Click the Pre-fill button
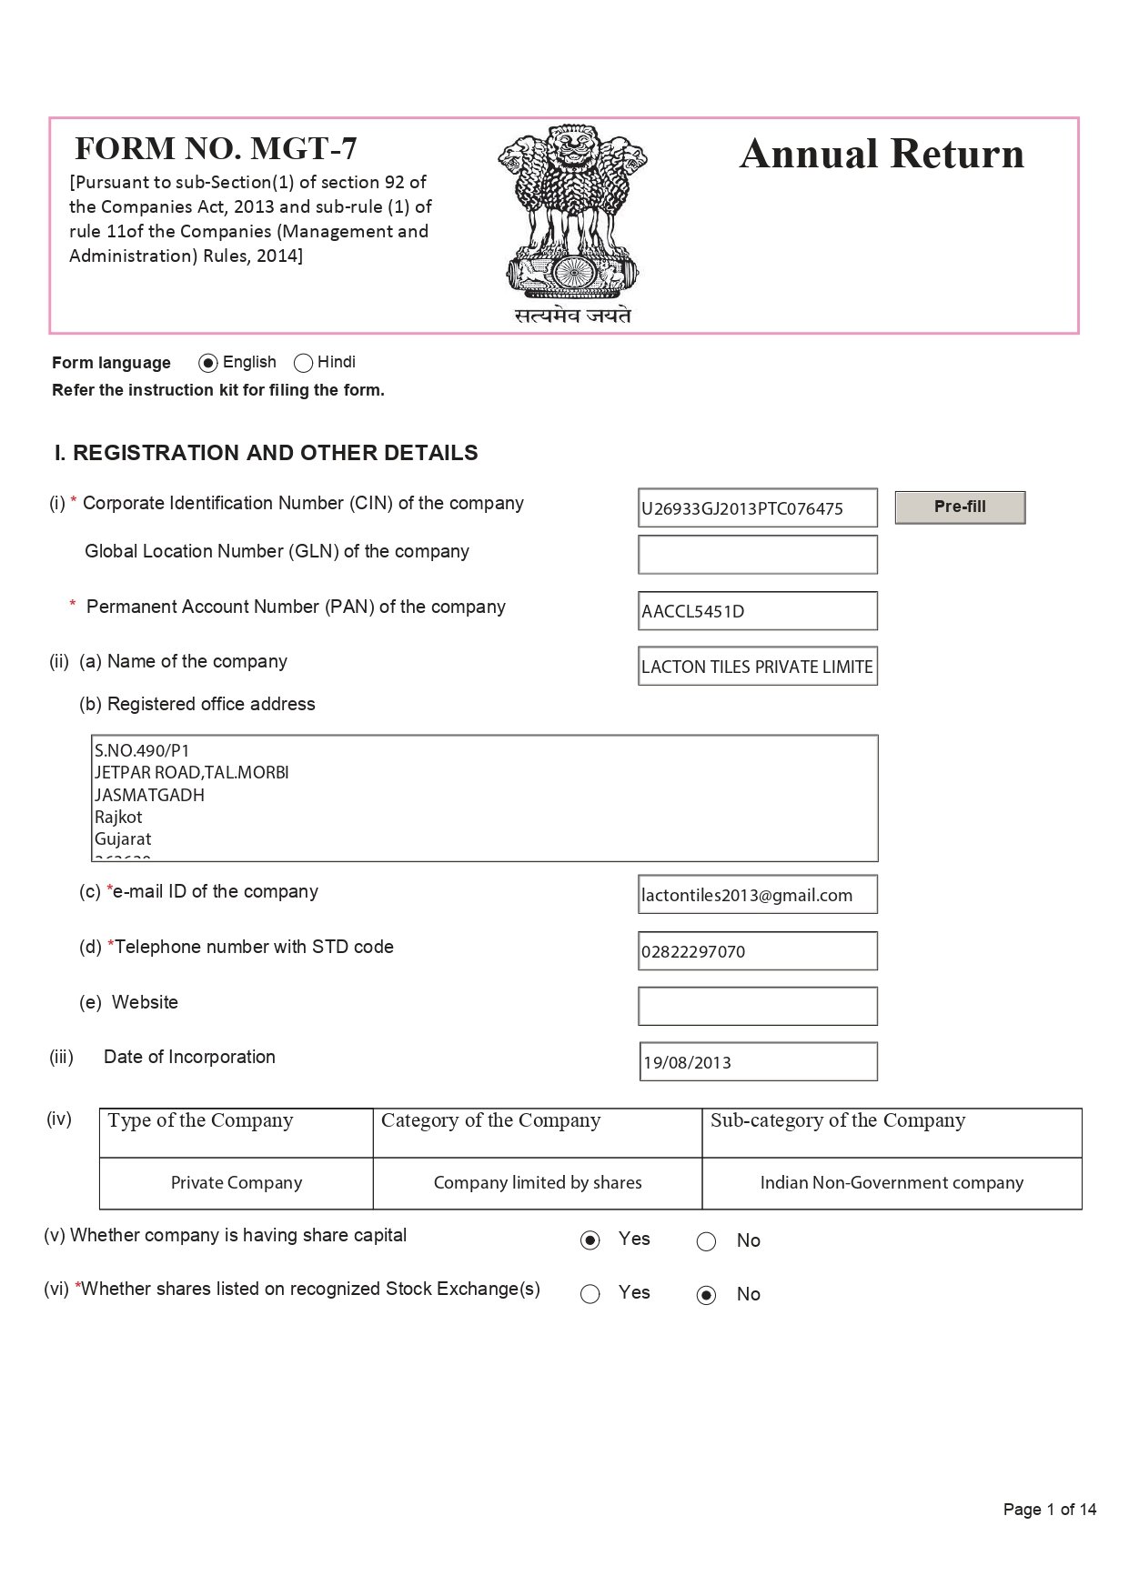pyautogui.click(x=960, y=507)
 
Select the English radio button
pyautogui.click(x=208, y=363)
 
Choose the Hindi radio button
pyautogui.click(x=304, y=363)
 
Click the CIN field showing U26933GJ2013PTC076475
pyautogui.click(x=757, y=508)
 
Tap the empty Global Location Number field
pyautogui.click(x=757, y=555)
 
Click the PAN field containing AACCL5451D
pyautogui.click(x=757, y=611)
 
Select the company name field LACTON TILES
pyautogui.click(x=757, y=667)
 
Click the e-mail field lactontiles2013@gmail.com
pyautogui.click(x=757, y=895)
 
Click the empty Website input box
pyautogui.click(x=757, y=1007)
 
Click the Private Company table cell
pyautogui.click(x=237, y=1183)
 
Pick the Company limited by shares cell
pyautogui.click(x=538, y=1183)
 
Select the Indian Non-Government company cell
pyautogui.click(x=892, y=1183)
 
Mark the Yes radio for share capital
pyautogui.click(x=590, y=1240)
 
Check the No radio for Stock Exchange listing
pyautogui.click(x=706, y=1295)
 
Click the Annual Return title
pyautogui.click(x=882, y=155)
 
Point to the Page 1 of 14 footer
pyautogui.click(x=1049, y=1510)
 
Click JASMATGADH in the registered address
pyautogui.click(x=150, y=795)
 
